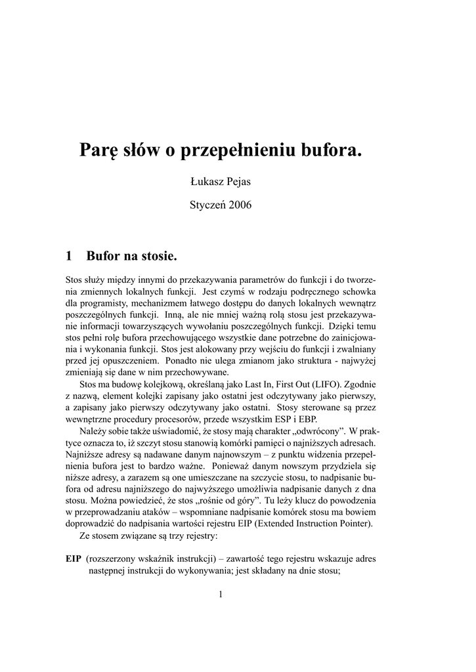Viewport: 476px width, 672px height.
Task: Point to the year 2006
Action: click(x=240, y=205)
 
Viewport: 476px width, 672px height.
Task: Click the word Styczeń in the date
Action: click(x=207, y=205)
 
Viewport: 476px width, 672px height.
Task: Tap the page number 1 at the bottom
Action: click(x=221, y=595)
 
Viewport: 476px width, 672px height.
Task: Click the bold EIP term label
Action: click(x=73, y=558)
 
